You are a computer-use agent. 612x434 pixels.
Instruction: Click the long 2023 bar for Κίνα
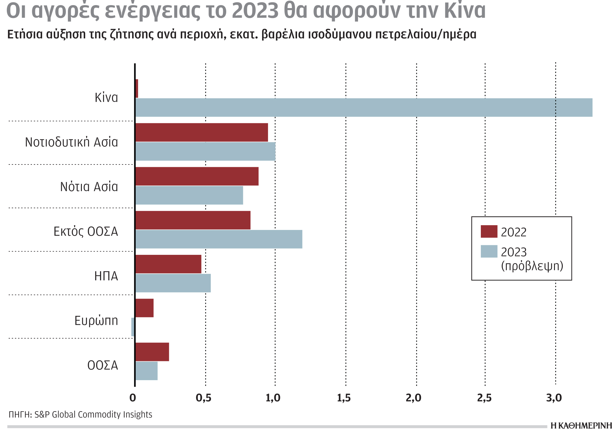coord(363,107)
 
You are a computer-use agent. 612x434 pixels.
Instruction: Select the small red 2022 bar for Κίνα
coord(137,89)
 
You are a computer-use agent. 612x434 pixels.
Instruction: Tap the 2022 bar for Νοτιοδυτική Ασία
coord(201,132)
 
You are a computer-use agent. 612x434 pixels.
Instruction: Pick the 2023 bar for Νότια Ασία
coord(189,195)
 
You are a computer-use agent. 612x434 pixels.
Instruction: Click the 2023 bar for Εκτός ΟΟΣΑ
coord(219,239)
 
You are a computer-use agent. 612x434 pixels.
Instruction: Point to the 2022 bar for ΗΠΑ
coord(168,264)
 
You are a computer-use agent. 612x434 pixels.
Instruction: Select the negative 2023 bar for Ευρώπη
coord(133,327)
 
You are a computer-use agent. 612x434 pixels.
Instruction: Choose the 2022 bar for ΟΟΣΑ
coord(152,352)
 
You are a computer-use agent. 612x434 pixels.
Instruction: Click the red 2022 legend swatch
coord(489,232)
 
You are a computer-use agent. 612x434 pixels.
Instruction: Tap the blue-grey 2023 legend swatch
coord(489,252)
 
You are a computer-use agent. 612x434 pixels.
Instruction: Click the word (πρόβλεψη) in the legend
coord(532,266)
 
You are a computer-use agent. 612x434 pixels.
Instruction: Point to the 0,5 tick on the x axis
coord(204,398)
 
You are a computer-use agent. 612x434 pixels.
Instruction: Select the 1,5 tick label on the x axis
coord(344,398)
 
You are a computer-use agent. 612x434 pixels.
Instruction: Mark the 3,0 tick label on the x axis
coord(554,398)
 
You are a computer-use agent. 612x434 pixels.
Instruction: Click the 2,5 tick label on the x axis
coord(484,398)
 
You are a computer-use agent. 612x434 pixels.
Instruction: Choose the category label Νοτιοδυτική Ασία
coord(71,142)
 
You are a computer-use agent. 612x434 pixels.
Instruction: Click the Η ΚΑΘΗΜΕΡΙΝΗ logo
coord(581,426)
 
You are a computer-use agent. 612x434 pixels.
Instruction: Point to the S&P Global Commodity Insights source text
coord(93,415)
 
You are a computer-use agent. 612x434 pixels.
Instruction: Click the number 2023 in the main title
coord(255,11)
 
